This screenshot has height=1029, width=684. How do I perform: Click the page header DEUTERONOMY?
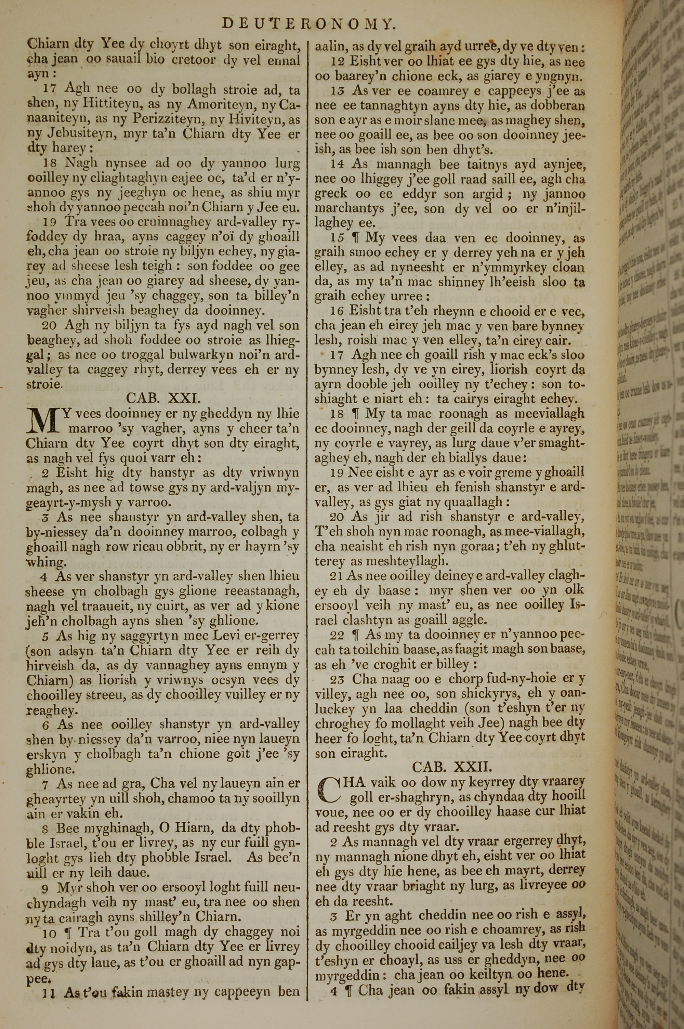tap(309, 24)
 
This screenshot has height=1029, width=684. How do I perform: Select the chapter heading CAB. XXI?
tap(163, 398)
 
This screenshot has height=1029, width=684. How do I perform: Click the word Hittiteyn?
tap(98, 104)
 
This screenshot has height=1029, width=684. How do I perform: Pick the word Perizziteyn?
tap(169, 119)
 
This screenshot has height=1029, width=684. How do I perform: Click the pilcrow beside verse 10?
tap(67, 932)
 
